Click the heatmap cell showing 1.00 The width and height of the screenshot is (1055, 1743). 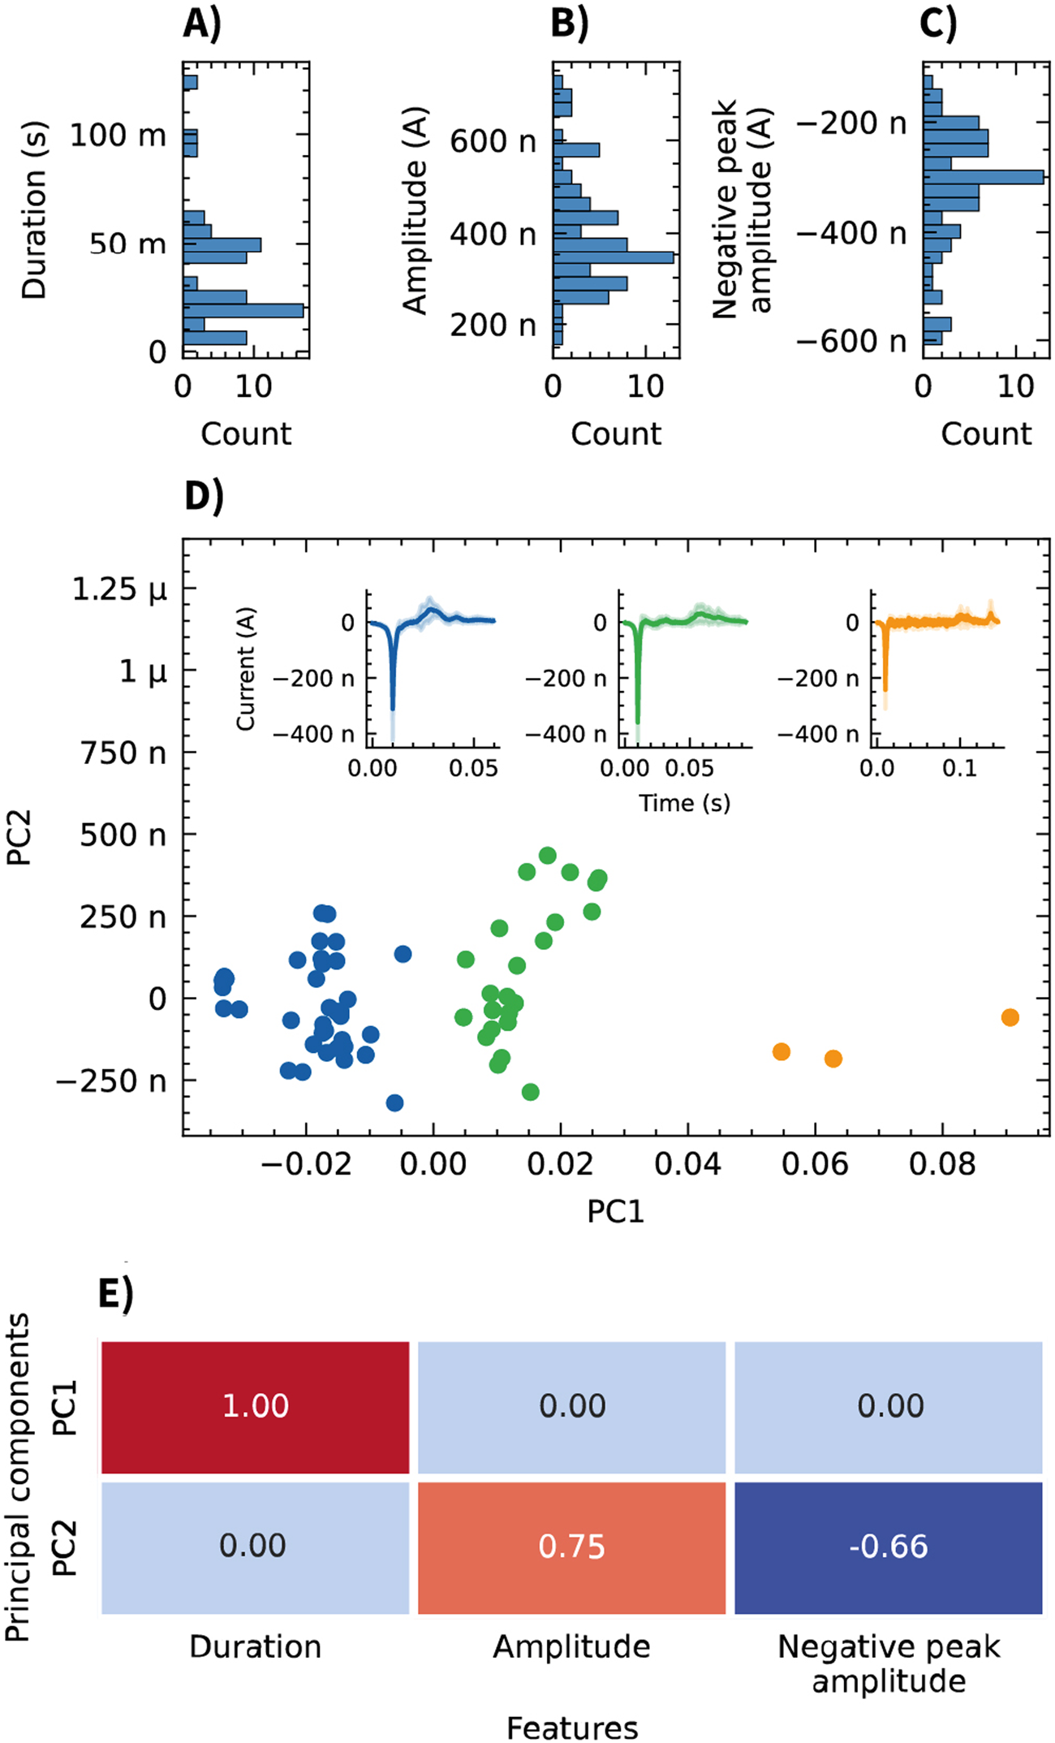255,1406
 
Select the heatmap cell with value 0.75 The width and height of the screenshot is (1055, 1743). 571,1547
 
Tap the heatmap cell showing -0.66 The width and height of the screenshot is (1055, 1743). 888,1547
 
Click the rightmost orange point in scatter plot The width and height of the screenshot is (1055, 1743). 1010,1017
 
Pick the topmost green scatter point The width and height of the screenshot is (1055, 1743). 548,856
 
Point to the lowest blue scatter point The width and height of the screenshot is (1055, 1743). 394,1102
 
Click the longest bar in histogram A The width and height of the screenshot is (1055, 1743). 243,310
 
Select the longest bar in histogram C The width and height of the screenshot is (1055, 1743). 983,176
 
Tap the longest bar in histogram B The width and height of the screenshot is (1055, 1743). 613,257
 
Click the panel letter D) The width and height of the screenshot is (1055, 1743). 204,495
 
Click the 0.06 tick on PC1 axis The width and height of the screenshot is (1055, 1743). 815,1164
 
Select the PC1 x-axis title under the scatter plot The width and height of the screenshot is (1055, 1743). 615,1211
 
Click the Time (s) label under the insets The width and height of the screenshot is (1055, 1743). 684,803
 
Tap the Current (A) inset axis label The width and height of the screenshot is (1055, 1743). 246,668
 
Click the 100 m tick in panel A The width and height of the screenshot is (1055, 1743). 118,135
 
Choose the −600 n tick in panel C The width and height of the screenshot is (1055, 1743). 850,341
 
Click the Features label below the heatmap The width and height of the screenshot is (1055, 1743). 571,1728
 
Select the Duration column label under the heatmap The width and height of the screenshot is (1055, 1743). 255,1646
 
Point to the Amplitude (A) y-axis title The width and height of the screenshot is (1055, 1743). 416,211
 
